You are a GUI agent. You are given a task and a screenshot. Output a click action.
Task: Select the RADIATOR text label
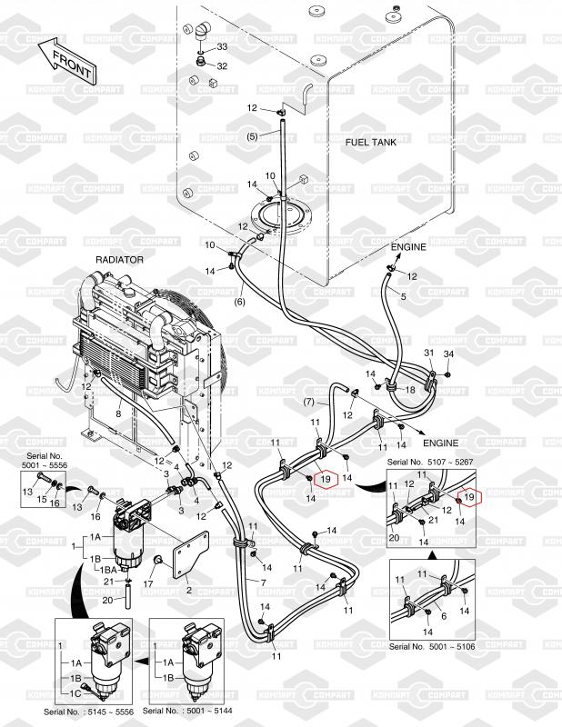tap(119, 260)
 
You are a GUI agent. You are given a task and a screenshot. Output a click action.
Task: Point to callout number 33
tap(221, 47)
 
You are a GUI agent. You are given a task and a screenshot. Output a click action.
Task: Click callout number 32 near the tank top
tap(221, 65)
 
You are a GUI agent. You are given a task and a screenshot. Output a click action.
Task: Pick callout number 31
tap(429, 354)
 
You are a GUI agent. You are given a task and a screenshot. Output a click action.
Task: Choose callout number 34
tap(447, 354)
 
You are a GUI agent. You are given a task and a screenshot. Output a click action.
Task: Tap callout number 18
tap(409, 389)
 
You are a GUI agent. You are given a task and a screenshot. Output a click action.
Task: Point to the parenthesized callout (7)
tap(308, 401)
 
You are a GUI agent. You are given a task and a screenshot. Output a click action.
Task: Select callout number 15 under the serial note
tap(40, 500)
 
